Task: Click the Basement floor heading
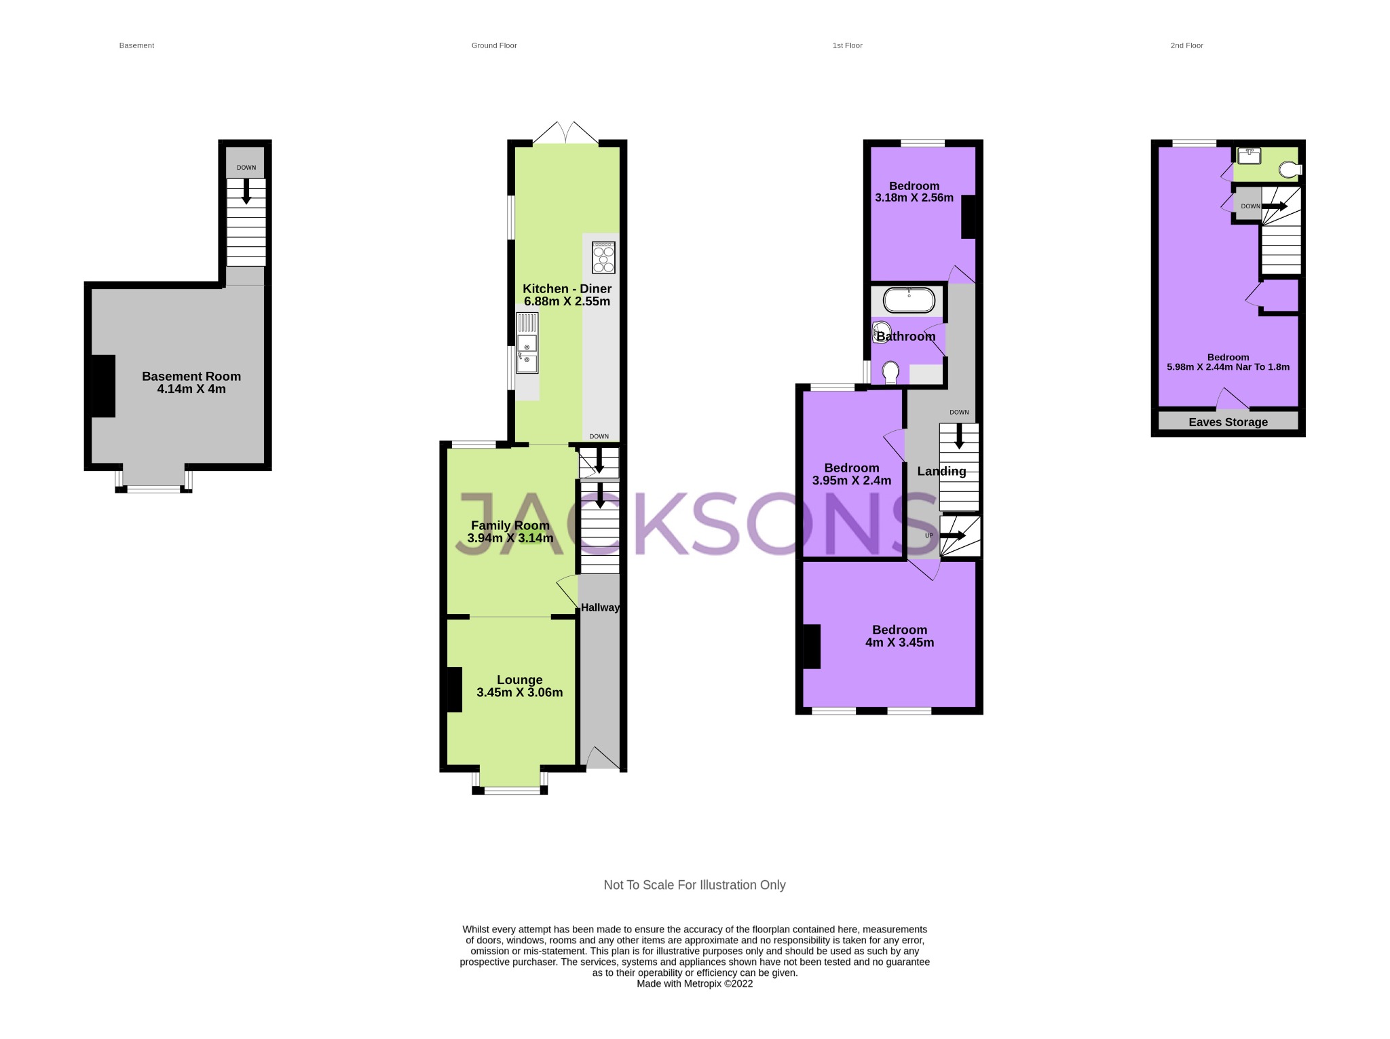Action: (136, 45)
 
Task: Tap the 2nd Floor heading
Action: (1186, 45)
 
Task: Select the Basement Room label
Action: (191, 376)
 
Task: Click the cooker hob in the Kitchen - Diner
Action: (603, 257)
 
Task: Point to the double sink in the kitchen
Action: (527, 343)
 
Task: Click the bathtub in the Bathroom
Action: (908, 300)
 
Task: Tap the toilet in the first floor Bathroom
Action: (890, 372)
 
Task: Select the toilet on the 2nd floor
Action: (1288, 169)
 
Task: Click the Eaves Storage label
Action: (1228, 422)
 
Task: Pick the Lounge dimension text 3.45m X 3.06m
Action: (519, 693)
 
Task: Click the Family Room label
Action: (510, 525)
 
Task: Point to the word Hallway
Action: (600, 607)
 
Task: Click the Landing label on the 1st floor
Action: (941, 471)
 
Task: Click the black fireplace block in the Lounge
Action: (454, 689)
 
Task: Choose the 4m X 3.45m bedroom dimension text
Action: (899, 643)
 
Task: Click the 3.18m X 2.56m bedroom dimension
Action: (914, 198)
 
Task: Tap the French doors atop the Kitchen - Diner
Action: (565, 132)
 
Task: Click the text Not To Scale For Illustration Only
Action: (694, 885)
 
